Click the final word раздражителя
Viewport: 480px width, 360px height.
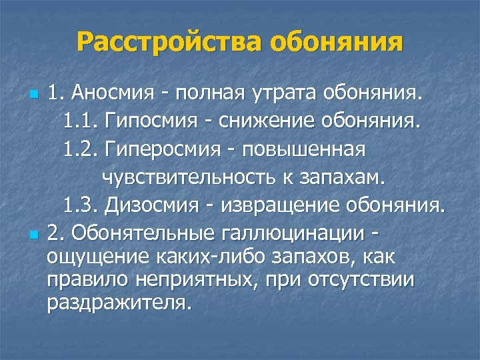pos(119,303)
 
